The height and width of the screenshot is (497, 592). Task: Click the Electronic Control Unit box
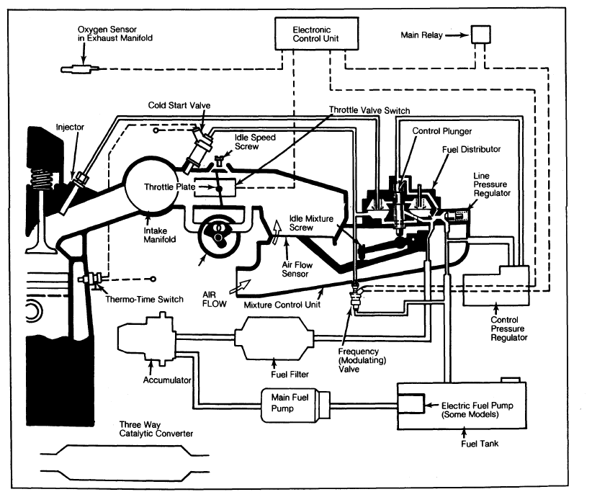coord(316,33)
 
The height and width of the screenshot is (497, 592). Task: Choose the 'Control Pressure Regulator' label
coord(508,327)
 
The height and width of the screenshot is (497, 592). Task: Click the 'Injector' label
coord(70,127)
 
